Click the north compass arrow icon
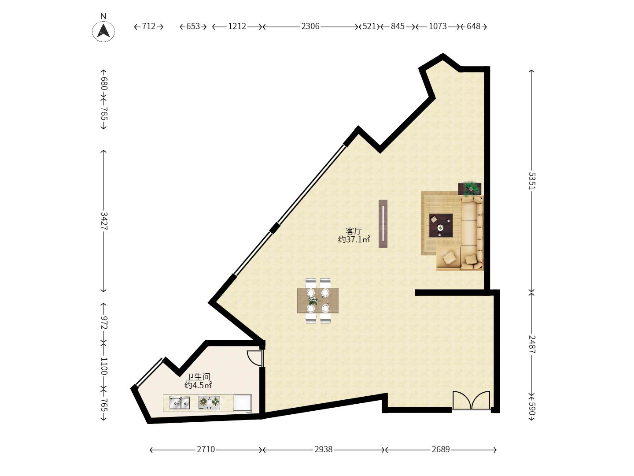(103, 31)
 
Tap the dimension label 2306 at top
(310, 26)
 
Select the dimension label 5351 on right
(532, 180)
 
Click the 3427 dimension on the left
(104, 220)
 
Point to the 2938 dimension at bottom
(323, 449)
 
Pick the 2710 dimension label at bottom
(206, 449)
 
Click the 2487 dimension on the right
(532, 344)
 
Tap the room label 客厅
(354, 231)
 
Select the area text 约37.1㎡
(354, 239)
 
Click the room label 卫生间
(198, 377)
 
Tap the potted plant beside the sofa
(470, 189)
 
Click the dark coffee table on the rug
(441, 225)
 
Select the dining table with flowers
(317, 301)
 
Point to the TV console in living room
(383, 223)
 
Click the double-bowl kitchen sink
(179, 402)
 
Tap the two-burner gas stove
(209, 402)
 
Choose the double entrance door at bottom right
(471, 401)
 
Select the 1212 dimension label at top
(237, 26)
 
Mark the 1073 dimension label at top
(438, 26)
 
